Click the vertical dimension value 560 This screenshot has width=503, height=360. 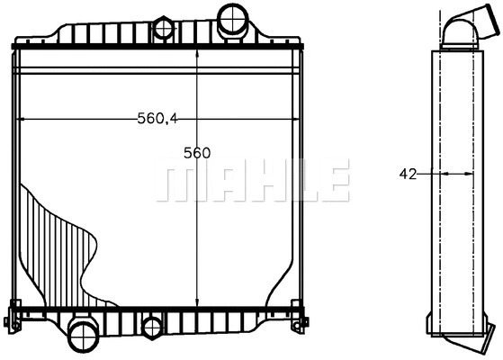[196, 152]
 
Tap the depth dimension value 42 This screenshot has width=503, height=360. [408, 175]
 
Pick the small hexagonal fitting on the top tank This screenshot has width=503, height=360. [164, 28]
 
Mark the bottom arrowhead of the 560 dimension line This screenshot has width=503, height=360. [197, 303]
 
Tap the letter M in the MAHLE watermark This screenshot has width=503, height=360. [175, 182]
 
